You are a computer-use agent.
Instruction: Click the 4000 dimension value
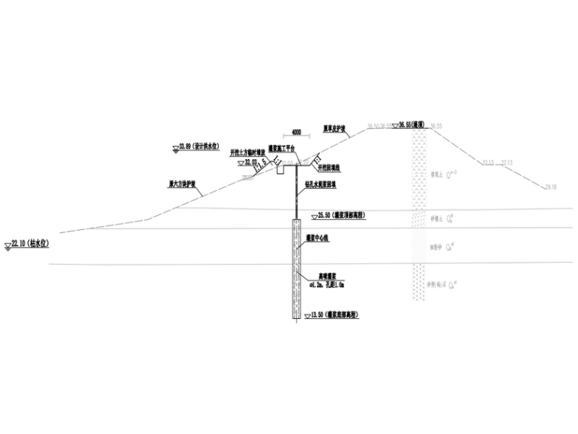coord(296,132)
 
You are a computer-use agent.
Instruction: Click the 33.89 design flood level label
coord(198,145)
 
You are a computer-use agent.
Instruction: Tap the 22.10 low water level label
coord(30,244)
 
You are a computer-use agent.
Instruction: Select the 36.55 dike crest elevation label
coord(418,124)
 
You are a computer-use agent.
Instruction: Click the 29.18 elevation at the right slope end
coord(551,187)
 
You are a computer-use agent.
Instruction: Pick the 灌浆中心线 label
coord(319,238)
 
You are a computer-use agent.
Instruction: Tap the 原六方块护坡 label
coord(182,183)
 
